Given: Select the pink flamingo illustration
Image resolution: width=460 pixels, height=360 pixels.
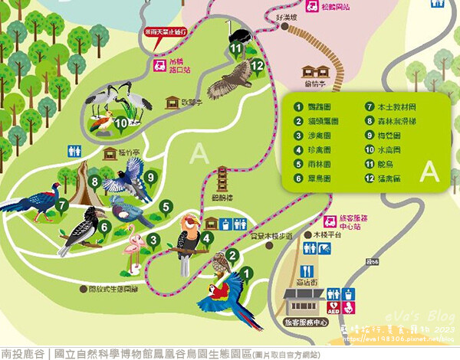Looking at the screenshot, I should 136,250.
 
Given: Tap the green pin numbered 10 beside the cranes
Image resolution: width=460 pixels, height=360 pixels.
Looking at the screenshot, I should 120,121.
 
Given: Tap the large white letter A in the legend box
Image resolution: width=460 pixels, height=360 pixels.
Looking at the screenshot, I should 427,168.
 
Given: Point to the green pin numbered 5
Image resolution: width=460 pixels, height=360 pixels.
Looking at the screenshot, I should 165,205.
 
